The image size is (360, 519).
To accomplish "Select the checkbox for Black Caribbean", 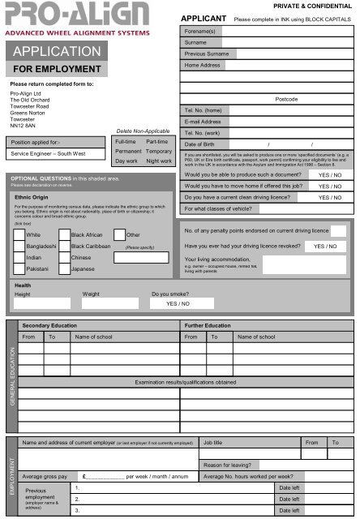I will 64,245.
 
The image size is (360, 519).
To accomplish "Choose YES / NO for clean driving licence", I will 330,197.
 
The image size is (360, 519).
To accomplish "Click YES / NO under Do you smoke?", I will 178,303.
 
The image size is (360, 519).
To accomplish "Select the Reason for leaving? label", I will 227,465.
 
